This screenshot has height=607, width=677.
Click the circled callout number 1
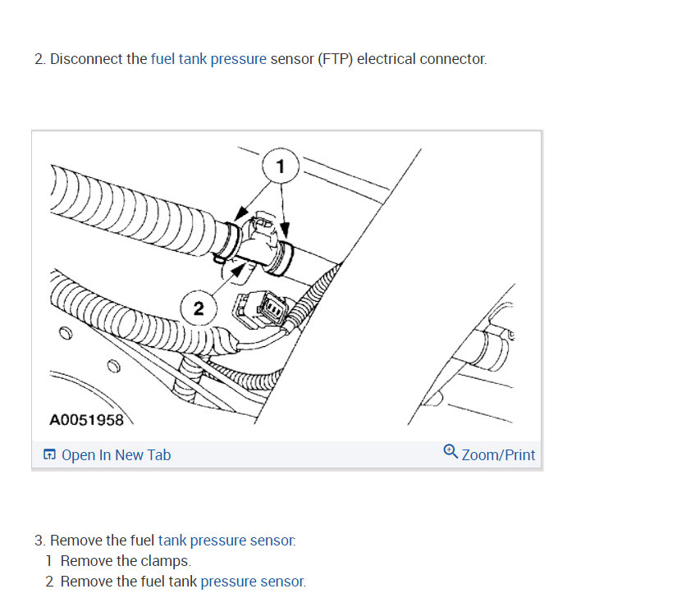click(280, 167)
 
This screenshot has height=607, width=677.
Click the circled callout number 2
click(198, 308)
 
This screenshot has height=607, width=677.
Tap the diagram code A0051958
click(86, 420)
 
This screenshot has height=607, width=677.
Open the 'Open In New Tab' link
click(116, 454)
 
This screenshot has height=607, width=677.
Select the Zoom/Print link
click(498, 454)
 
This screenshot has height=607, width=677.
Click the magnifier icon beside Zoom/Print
click(451, 453)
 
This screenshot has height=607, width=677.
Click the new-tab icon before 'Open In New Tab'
click(50, 455)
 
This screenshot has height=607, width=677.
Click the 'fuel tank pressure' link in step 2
click(208, 59)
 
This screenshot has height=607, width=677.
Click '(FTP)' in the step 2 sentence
click(336, 59)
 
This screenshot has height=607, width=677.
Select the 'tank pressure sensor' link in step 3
click(226, 541)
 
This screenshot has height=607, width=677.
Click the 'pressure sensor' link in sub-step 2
click(252, 582)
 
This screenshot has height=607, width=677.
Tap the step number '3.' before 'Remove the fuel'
click(40, 541)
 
